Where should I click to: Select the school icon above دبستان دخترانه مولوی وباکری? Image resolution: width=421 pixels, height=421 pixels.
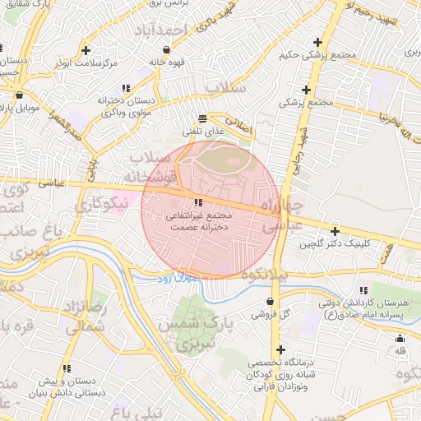pyautogui.click(x=125, y=87)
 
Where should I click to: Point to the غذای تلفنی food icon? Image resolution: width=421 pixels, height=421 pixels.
pyautogui.click(x=203, y=118)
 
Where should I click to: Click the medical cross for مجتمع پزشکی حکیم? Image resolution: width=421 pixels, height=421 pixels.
pyautogui.click(x=317, y=42)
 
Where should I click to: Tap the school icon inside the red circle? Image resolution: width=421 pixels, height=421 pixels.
pyautogui.click(x=198, y=202)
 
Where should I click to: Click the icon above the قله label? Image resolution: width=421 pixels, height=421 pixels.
pyautogui.click(x=400, y=339)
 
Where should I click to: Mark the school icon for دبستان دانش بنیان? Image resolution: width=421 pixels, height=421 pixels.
pyautogui.click(x=66, y=368)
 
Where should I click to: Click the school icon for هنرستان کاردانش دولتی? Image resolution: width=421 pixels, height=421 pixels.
pyautogui.click(x=362, y=290)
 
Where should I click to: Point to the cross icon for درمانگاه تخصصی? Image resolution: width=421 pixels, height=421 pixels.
pyautogui.click(x=281, y=349)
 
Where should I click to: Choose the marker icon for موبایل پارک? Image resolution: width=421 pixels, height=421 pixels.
pyautogui.click(x=21, y=94)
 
